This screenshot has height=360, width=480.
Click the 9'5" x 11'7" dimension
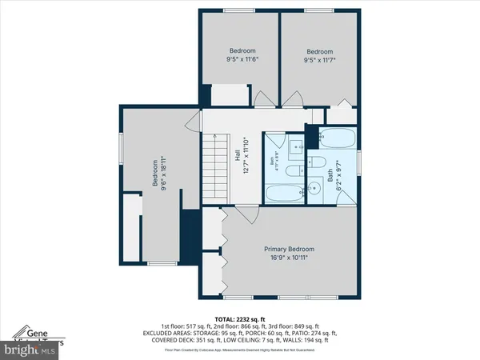coord(319,58)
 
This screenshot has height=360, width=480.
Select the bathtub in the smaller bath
coord(282,193)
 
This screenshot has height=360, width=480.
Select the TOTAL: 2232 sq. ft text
coord(240,318)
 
